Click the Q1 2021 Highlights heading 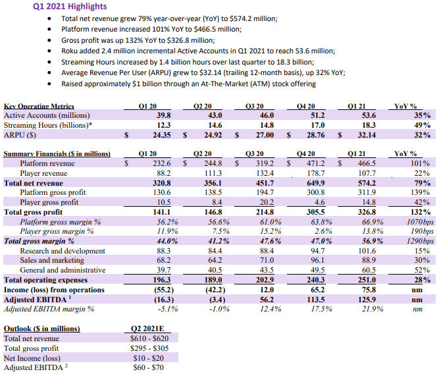click(x=70, y=6)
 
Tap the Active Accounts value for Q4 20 click(x=315, y=115)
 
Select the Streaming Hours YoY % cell click(x=422, y=125)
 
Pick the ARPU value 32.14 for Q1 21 click(x=367, y=135)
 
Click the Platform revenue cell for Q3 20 click(x=265, y=163)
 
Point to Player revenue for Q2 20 click(x=213, y=173)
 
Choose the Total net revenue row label click(x=34, y=183)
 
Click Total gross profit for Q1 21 click(x=367, y=212)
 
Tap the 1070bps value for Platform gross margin click(x=420, y=222)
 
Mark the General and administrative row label click(x=63, y=270)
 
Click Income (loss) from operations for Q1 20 click(x=164, y=290)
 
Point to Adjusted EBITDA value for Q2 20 click(x=217, y=300)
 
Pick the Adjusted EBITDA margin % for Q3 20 click(x=271, y=309)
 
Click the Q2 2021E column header click(x=147, y=329)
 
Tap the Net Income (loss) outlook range click(x=149, y=358)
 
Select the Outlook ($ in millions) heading click(x=41, y=329)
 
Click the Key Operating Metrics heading click(x=39, y=106)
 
